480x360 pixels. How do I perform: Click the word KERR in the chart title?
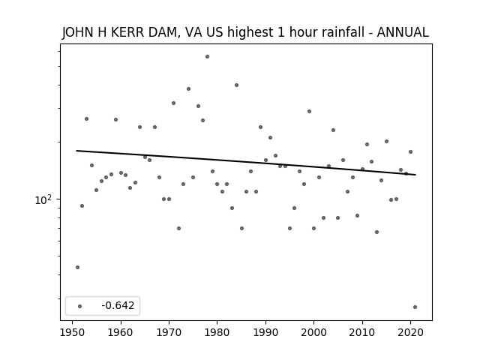click(x=127, y=32)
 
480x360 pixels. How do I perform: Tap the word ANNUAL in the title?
click(x=403, y=32)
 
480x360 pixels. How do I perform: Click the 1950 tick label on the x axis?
click(x=73, y=332)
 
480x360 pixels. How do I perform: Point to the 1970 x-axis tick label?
click(x=169, y=332)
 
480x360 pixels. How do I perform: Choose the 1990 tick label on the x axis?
click(x=265, y=332)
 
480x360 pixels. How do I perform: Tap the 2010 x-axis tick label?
click(x=362, y=332)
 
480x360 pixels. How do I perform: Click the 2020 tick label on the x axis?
click(x=411, y=332)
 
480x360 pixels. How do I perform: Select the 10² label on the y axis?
click(x=43, y=199)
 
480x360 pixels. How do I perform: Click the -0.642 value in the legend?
click(x=118, y=305)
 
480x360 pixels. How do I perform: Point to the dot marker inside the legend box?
click(x=80, y=306)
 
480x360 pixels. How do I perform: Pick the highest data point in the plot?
click(x=207, y=57)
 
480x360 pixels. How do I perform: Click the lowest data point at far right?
click(x=415, y=307)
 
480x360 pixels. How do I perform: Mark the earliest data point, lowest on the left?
click(x=77, y=267)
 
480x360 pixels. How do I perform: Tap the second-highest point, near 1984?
click(x=237, y=85)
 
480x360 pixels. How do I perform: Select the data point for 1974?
click(x=188, y=88)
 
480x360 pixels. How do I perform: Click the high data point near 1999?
click(x=309, y=112)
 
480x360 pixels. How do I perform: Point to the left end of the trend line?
click(x=76, y=151)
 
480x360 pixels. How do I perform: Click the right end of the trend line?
click(x=415, y=175)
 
